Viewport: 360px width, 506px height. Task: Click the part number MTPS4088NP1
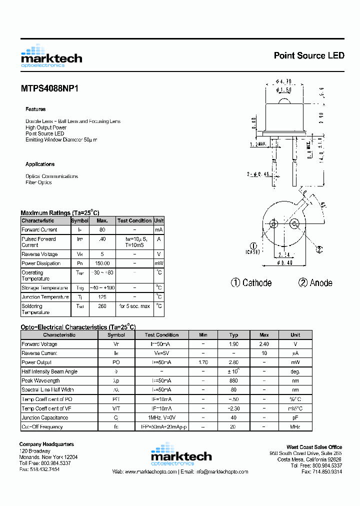click(49, 88)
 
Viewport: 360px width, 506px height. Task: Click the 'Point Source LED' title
click(309, 55)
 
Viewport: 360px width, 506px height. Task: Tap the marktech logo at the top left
click(51, 56)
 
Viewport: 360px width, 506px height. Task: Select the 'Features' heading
click(35, 109)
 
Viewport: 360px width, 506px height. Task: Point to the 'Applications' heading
click(40, 164)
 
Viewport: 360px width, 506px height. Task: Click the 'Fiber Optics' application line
click(38, 182)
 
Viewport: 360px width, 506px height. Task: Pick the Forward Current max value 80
click(102, 230)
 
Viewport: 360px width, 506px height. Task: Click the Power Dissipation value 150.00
click(102, 263)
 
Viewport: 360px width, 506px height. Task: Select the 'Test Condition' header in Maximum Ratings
click(134, 220)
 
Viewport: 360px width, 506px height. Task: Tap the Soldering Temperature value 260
click(102, 306)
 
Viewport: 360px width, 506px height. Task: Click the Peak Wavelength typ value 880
click(233, 381)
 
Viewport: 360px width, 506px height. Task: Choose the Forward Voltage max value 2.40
click(264, 344)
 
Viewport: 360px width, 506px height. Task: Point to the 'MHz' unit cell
click(295, 427)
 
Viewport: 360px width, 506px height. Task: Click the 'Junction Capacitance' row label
click(45, 417)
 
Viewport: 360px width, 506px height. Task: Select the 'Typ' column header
click(233, 335)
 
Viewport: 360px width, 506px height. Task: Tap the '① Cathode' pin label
click(251, 283)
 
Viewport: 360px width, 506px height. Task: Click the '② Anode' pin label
click(315, 283)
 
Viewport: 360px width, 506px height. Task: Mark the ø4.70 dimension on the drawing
click(283, 81)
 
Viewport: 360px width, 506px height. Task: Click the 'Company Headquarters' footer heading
click(46, 444)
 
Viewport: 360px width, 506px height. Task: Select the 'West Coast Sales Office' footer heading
click(314, 447)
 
